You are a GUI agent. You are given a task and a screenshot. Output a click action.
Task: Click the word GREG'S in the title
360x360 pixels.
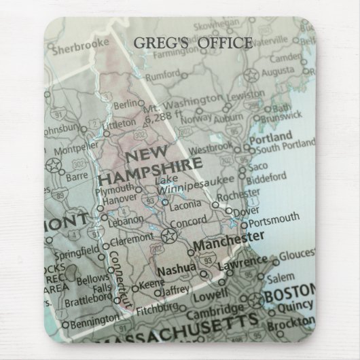pos(156,43)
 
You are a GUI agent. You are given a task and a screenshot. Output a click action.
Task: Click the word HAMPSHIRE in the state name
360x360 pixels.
pos(149,169)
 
